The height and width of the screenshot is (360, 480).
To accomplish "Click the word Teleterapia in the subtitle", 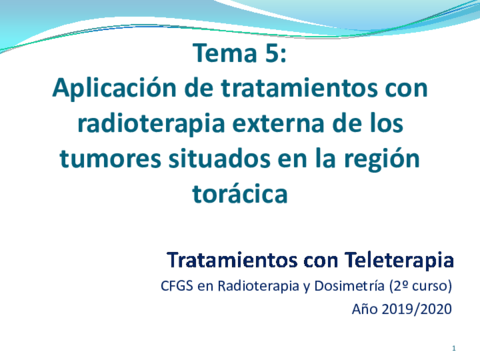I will [396, 261].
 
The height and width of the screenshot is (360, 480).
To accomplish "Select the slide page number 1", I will [454, 347].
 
